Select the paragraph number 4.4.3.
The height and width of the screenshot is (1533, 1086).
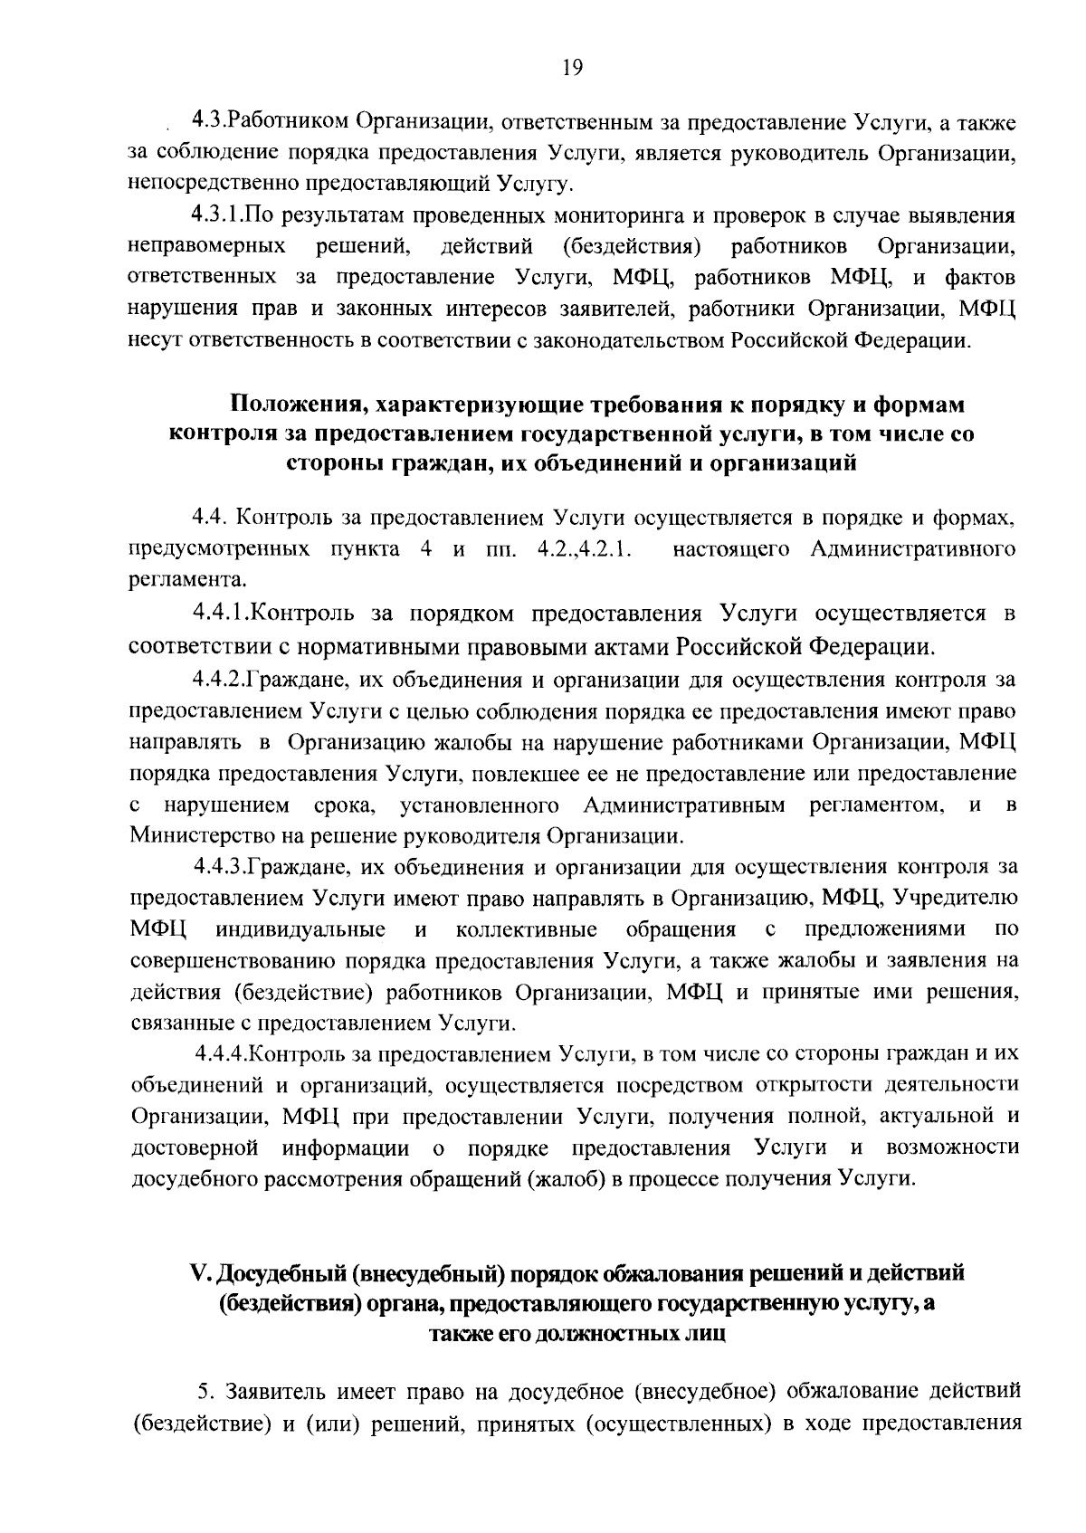pyautogui.click(x=220, y=867)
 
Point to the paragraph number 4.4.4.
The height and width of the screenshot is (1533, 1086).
pyautogui.click(x=222, y=1054)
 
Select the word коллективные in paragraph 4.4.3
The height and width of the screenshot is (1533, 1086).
pyautogui.click(x=527, y=929)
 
